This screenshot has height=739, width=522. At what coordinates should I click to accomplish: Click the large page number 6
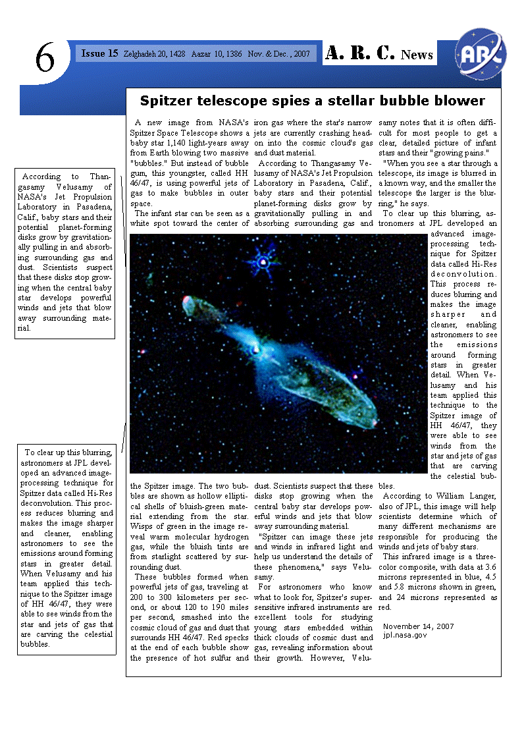click(x=45, y=60)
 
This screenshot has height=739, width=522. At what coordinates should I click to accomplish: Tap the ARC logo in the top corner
click(x=481, y=53)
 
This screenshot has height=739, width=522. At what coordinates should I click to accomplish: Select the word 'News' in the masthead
click(x=417, y=55)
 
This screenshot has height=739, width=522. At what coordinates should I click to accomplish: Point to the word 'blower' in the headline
click(x=460, y=101)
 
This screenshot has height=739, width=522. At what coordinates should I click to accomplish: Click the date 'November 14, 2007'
click(x=419, y=626)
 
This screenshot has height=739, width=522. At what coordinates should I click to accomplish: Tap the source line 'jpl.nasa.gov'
click(x=405, y=635)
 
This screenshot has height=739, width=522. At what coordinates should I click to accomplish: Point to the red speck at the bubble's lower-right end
click(x=374, y=422)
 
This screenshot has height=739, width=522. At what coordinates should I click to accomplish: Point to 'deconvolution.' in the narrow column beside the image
click(x=463, y=274)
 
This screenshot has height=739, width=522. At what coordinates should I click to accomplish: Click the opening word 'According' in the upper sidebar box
click(x=41, y=177)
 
